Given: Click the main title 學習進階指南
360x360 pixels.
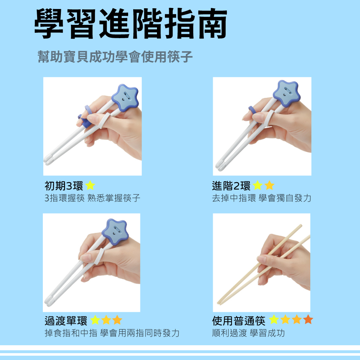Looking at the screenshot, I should (131, 23).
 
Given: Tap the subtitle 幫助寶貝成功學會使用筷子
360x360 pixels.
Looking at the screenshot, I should (115, 57).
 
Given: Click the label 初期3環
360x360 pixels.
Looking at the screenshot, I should (64, 186).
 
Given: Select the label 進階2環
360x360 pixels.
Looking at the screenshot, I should (231, 186).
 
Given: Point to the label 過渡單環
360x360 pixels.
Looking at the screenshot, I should (66, 320).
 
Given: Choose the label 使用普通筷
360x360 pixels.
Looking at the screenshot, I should (239, 320).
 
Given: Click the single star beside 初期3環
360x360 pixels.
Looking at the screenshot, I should (90, 186).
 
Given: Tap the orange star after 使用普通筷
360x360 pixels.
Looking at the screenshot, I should (308, 320).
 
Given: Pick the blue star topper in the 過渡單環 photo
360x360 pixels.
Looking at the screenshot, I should (115, 230).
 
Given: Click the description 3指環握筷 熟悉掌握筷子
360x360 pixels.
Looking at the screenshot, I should (92, 198).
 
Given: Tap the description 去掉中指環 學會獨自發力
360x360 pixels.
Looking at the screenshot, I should (261, 198).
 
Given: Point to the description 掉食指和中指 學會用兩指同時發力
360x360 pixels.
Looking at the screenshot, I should (112, 333).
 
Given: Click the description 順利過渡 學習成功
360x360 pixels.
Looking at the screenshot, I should (248, 333).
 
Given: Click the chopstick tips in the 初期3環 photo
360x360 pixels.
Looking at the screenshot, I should (49, 158).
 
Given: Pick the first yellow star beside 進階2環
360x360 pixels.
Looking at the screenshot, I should (257, 186).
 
